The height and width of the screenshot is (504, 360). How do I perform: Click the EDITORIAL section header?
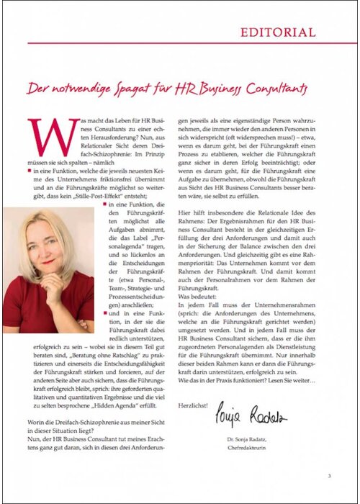[x=277, y=32]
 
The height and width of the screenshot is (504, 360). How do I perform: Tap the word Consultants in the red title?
[x=274, y=89]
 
